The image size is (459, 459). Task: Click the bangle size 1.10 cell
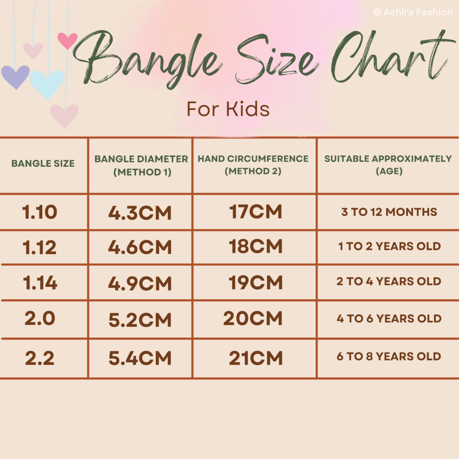[39, 212]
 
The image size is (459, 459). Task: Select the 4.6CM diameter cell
[140, 247]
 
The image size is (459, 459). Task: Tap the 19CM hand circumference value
[255, 282]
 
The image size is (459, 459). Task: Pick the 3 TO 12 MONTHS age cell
[389, 212]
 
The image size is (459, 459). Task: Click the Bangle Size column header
[43, 163]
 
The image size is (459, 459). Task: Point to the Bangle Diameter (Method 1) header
[141, 165]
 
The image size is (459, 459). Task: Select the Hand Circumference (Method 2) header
[253, 165]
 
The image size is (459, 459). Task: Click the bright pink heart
[67, 40]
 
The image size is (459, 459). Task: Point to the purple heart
[15, 77]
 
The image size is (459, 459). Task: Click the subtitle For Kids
[228, 109]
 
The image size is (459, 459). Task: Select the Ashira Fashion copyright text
[413, 12]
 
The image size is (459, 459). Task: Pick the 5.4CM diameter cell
[140, 358]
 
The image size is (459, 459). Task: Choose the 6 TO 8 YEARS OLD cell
[389, 356]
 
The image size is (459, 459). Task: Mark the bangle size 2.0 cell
[40, 318]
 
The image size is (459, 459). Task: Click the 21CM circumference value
[255, 358]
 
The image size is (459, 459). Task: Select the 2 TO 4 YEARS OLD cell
[389, 281]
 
